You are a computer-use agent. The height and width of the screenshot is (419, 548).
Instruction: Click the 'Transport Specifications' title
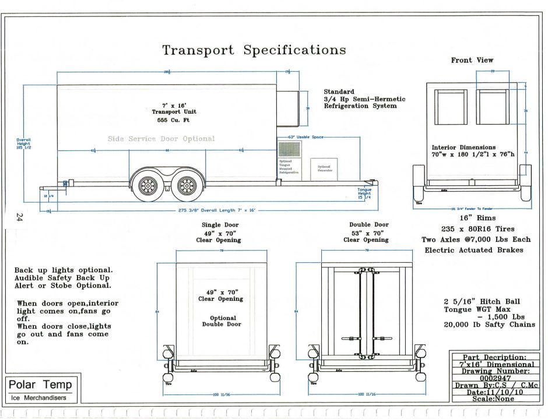[x=254, y=50]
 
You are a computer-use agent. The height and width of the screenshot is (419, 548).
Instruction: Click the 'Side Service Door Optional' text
[x=161, y=139]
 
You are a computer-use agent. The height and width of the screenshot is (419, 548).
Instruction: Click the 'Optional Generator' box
[x=324, y=169]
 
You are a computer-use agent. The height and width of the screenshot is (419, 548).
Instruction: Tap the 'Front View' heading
[x=472, y=60]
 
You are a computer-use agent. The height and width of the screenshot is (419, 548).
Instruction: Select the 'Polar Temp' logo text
[x=41, y=385]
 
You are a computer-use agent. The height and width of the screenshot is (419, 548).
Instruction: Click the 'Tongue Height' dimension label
[x=364, y=194]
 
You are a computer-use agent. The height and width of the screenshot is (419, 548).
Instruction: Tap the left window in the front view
[x=451, y=107]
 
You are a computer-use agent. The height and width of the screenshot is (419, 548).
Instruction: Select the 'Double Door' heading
[x=368, y=224]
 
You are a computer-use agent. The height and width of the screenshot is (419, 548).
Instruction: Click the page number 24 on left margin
[x=19, y=218]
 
